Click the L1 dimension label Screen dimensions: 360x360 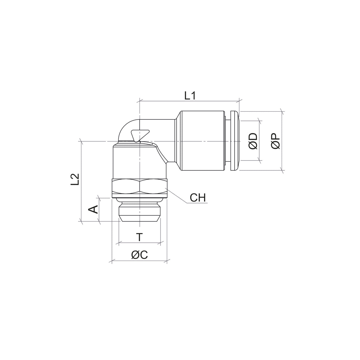[190, 96]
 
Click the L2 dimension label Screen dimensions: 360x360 [75, 179]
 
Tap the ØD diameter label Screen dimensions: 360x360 [253, 141]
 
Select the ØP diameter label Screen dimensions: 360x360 [276, 141]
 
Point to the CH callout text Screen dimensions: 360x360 [198, 198]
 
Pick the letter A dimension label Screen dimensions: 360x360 [93, 209]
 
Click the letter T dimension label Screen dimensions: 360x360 [139, 237]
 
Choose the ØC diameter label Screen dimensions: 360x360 [139, 254]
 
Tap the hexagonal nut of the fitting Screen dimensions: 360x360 [139, 188]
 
